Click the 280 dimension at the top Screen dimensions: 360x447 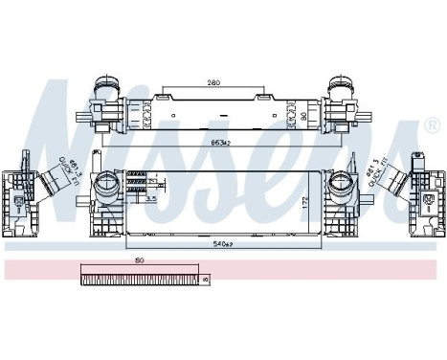click(x=215, y=84)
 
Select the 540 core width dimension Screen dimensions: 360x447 click(x=223, y=245)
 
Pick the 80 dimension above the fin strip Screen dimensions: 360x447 click(x=140, y=260)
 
